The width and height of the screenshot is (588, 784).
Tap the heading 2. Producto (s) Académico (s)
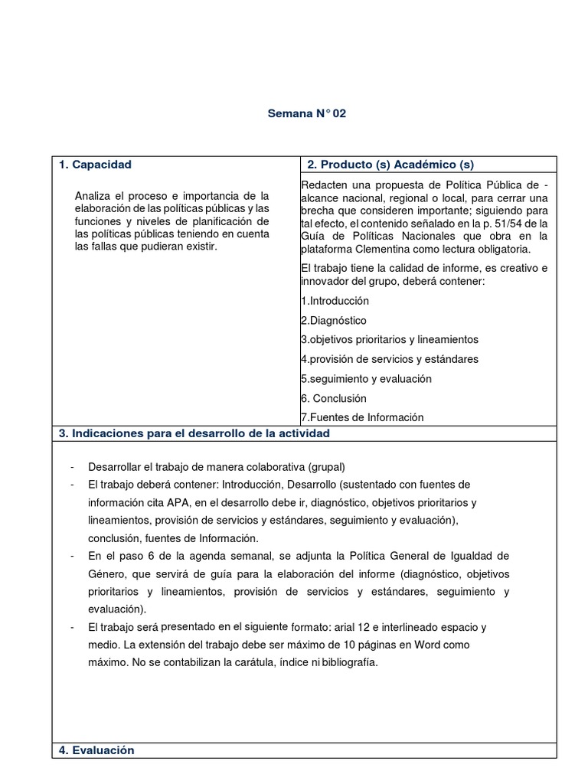tap(390, 165)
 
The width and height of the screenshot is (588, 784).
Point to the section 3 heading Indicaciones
tap(194, 433)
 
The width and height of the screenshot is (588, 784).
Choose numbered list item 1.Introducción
tap(335, 301)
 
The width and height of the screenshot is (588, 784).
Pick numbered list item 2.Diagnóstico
tap(334, 320)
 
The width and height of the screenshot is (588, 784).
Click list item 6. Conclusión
tap(334, 398)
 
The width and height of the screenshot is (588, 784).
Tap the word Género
tap(107, 573)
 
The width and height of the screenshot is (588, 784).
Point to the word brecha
tap(320, 210)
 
